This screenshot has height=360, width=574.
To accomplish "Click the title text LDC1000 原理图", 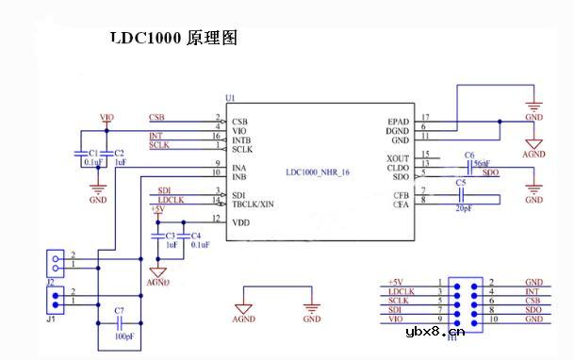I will click(172, 38).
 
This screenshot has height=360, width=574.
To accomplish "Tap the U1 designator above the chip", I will click(230, 98).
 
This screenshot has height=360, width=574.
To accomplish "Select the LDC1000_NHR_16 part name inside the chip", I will click(317, 172).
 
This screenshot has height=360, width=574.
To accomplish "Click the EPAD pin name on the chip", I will click(398, 121).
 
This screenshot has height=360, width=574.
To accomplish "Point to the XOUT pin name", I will click(398, 156).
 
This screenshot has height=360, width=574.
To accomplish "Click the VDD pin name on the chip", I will click(240, 222).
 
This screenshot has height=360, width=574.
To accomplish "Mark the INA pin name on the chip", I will click(239, 168).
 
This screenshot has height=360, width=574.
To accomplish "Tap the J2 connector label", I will click(53, 280).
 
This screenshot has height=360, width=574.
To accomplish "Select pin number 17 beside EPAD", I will click(425, 117).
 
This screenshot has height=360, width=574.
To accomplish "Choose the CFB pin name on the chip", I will click(401, 194).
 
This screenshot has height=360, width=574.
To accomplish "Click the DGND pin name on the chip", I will click(399, 130).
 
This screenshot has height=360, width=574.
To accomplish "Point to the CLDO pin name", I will click(399, 167).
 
